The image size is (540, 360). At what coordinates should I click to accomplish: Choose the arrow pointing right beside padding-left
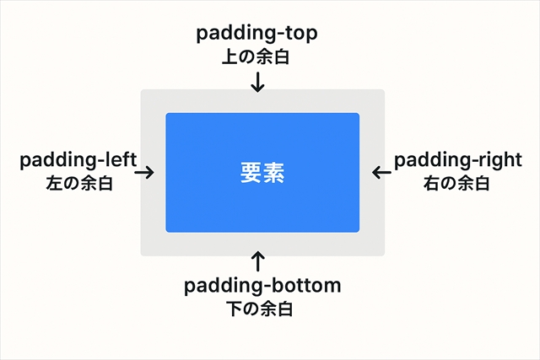pyautogui.click(x=144, y=172)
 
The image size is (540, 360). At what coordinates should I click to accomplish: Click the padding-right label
pyautogui.click(x=458, y=160)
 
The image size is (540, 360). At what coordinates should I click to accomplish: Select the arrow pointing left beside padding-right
pyautogui.click(x=381, y=172)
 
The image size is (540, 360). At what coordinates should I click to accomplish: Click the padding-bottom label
pyautogui.click(x=262, y=287)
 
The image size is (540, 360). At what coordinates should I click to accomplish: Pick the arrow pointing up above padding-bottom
pyautogui.click(x=258, y=261)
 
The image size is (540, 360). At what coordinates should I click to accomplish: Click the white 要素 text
pyautogui.click(x=262, y=174)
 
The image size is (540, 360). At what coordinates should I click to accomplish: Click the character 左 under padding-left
pyautogui.click(x=55, y=182)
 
